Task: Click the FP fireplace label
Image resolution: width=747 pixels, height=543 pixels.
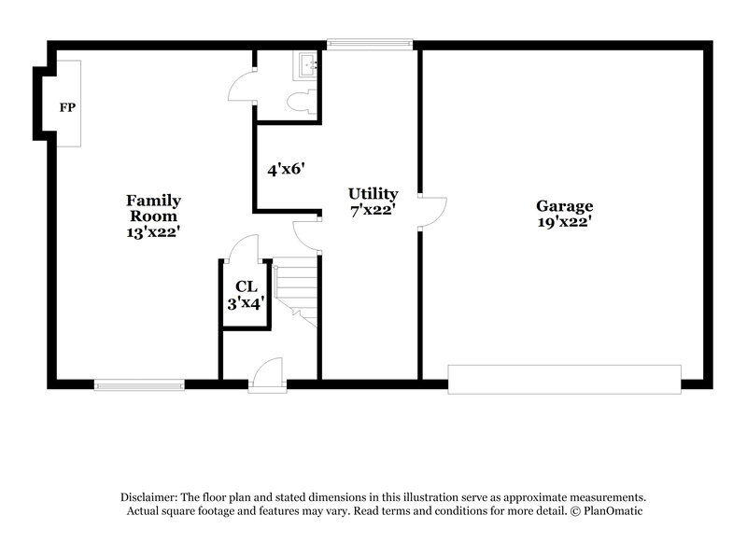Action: click(x=67, y=108)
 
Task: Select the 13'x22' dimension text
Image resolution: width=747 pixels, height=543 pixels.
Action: click(x=154, y=232)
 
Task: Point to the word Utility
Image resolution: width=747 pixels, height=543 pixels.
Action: click(x=373, y=194)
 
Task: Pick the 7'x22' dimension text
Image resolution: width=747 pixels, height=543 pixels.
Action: click(x=373, y=211)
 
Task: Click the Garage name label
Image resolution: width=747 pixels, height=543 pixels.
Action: click(x=564, y=206)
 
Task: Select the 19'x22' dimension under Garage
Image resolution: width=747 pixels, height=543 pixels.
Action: click(x=564, y=223)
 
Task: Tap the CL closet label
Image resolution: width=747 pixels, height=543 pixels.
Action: click(x=246, y=286)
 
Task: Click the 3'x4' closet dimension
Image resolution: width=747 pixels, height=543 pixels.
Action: click(x=246, y=303)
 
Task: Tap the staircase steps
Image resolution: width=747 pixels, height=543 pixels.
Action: click(x=295, y=292)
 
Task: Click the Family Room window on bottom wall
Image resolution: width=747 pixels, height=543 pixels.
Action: click(x=139, y=383)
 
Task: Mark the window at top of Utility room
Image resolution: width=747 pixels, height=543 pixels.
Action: click(x=370, y=42)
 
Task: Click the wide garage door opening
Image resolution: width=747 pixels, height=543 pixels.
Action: click(x=564, y=379)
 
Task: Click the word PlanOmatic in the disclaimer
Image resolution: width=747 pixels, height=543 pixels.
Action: click(x=612, y=511)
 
